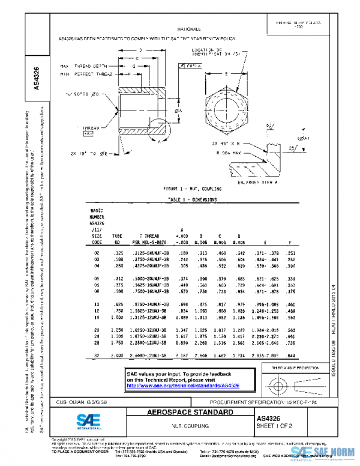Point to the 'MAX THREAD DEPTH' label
(85, 65)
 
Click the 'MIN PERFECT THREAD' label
(85, 72)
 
